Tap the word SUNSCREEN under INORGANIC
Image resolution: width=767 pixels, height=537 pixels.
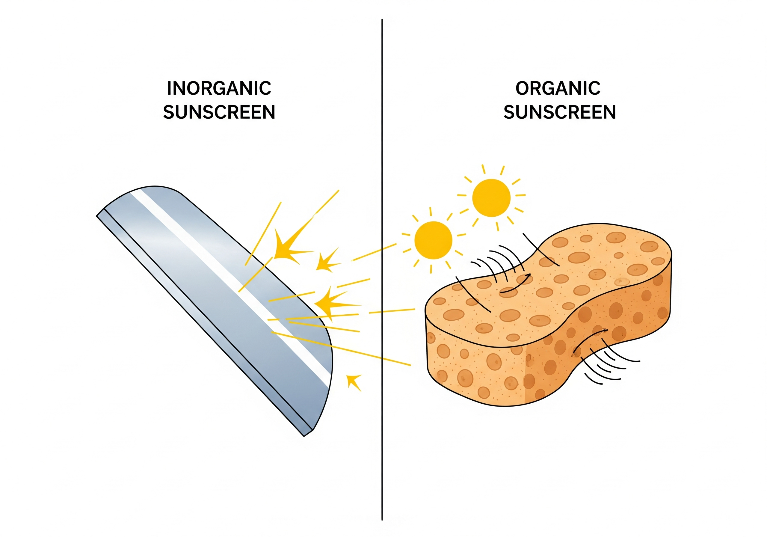tap(219, 112)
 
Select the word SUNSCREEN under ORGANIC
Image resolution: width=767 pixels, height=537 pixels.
tap(560, 112)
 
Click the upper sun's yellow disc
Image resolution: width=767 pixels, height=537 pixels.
tap(491, 197)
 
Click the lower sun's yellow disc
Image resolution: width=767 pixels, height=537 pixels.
tap(433, 240)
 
